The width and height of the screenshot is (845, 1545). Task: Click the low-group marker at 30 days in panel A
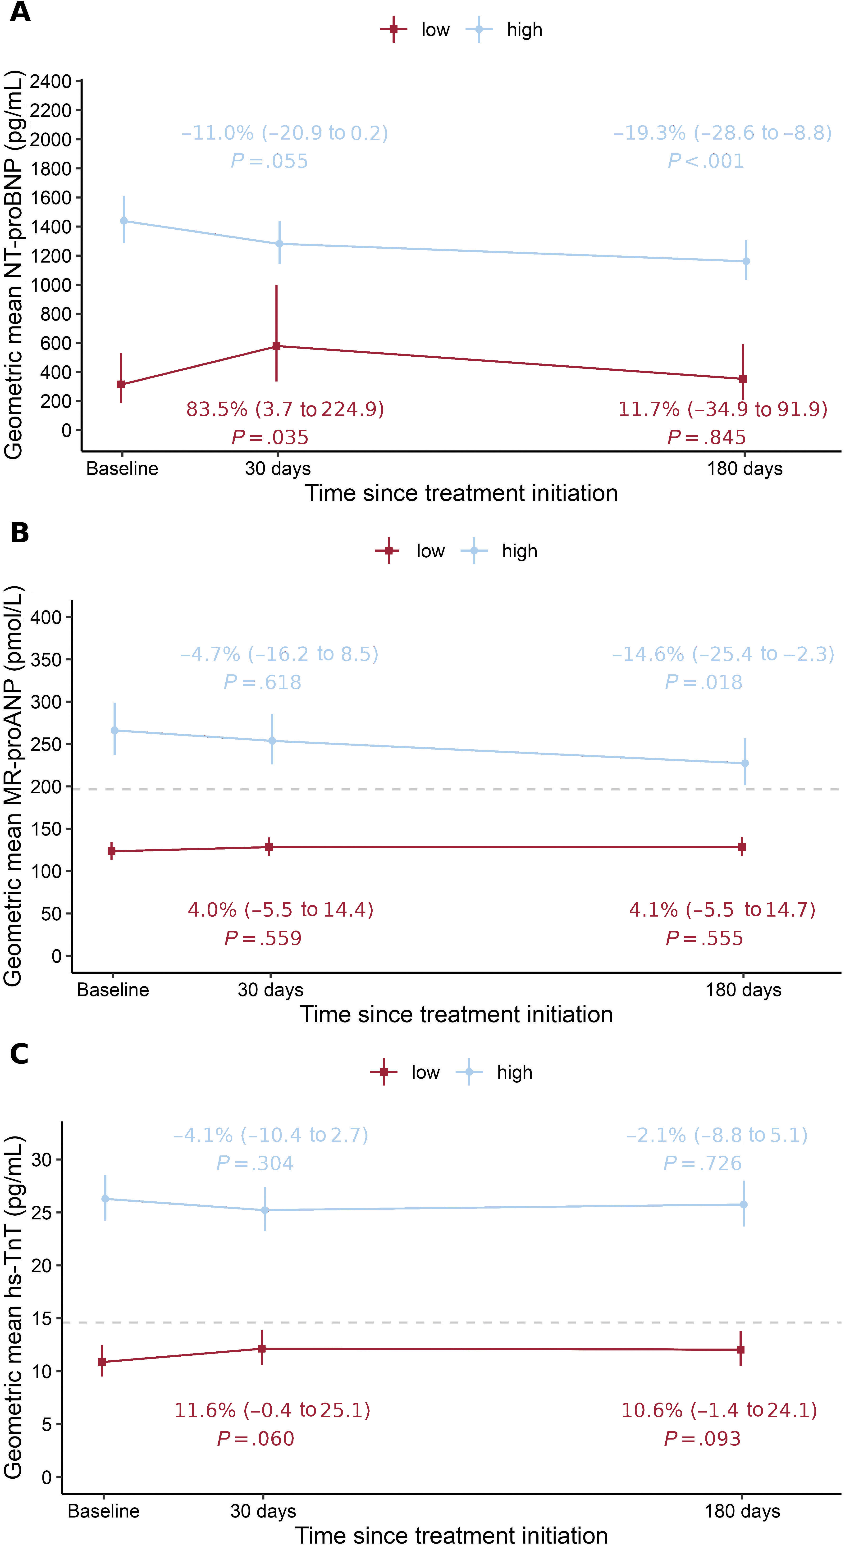pos(276,346)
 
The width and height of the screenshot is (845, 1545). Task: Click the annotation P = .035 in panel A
pos(270,437)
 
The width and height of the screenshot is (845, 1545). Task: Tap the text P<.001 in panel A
pos(706,161)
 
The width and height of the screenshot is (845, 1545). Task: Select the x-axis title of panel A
pos(461,493)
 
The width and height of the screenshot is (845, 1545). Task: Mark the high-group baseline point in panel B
pos(114,731)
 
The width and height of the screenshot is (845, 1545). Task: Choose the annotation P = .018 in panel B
pos(703,682)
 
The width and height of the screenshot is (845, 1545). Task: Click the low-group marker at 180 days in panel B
pos(742,847)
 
